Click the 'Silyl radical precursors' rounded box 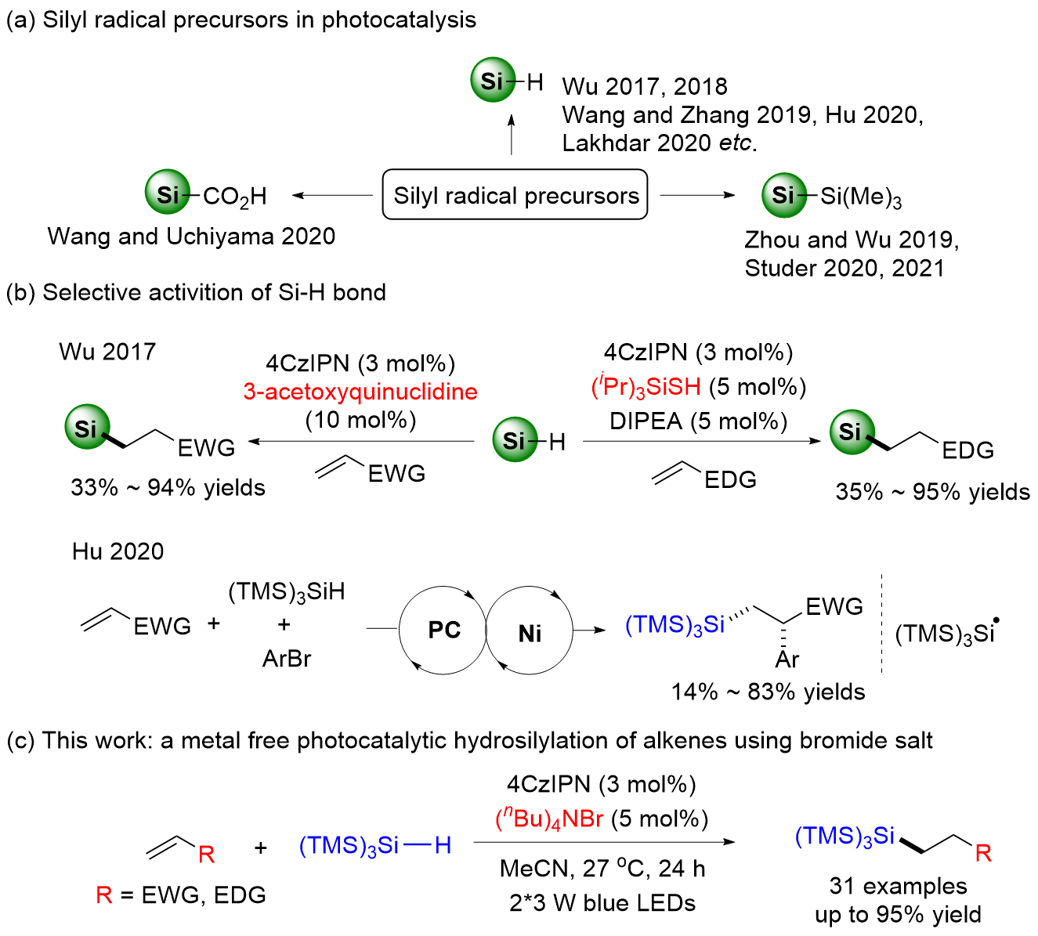click(515, 195)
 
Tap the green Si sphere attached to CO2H click(168, 193)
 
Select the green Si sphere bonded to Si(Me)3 click(783, 194)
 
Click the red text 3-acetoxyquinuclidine click(360, 392)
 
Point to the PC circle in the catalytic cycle click(443, 631)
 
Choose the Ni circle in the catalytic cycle click(530, 632)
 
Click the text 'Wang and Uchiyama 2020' click(191, 237)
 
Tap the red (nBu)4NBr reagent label click(549, 819)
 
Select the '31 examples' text click(898, 886)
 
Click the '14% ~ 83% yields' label click(768, 692)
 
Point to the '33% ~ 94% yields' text click(168, 488)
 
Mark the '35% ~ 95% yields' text click(932, 492)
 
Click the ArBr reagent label click(287, 659)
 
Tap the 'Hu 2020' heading click(118, 551)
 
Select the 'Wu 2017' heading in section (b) click(107, 352)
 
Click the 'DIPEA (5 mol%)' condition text click(698, 421)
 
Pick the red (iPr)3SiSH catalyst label click(646, 387)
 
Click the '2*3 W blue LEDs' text click(602, 903)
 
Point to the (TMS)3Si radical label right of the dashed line click(946, 633)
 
